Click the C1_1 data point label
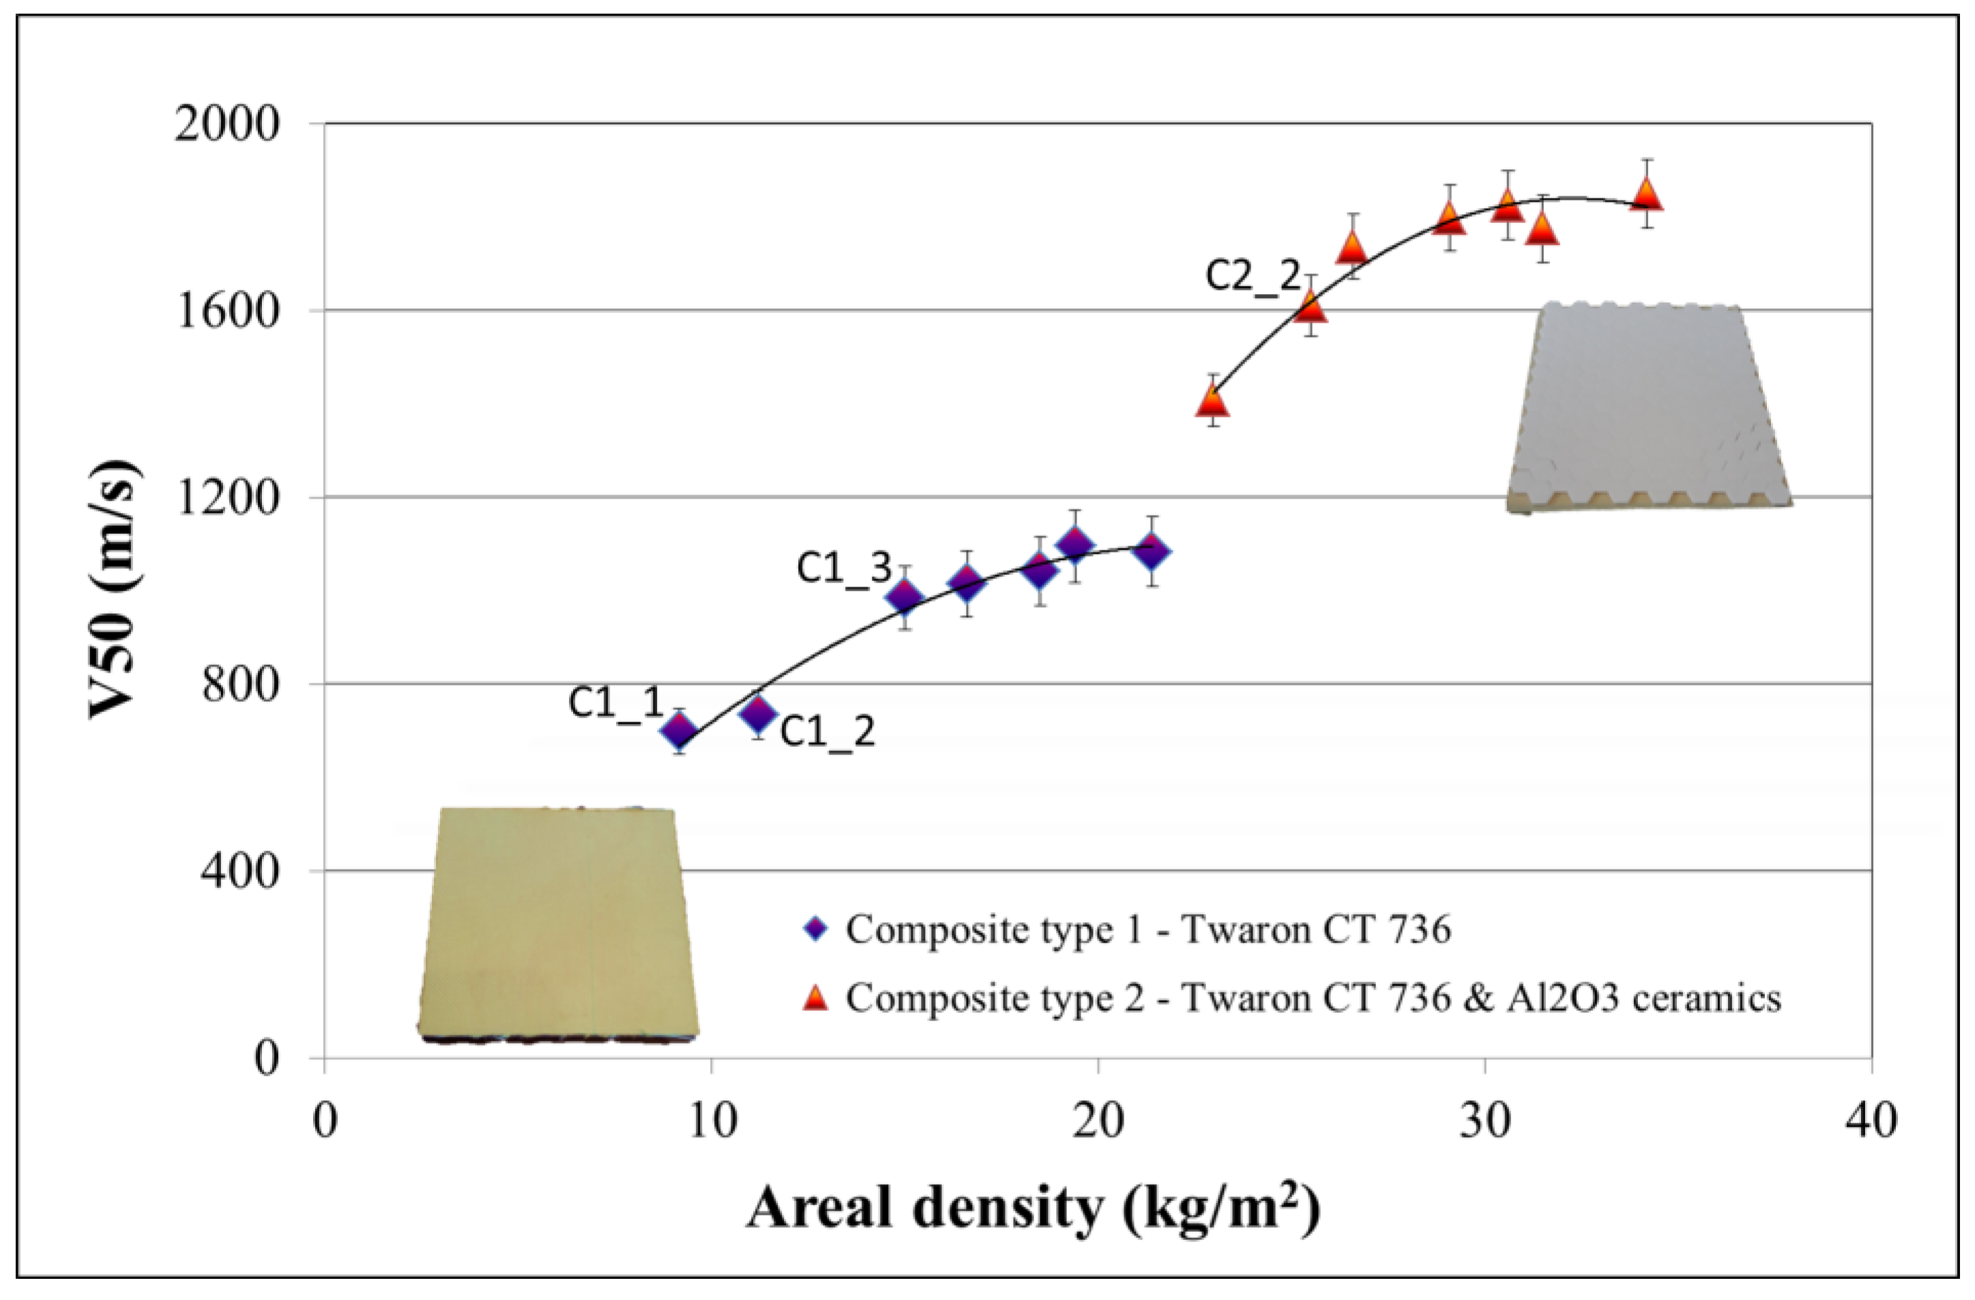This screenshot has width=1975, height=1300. pos(617,703)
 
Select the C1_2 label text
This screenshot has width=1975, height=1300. pos(828,732)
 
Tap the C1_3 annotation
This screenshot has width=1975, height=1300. pos(844,568)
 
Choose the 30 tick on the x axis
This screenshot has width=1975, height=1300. pos(1484,1121)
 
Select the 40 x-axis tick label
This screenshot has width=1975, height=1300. pos(1872,1121)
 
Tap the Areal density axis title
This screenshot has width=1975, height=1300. pos(1033,1209)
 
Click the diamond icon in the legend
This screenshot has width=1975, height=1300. pos(817,929)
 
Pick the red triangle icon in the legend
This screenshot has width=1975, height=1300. pos(817,996)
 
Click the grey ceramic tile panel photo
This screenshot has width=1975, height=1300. pos(1648,407)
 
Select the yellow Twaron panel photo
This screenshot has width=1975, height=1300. pos(557,923)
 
